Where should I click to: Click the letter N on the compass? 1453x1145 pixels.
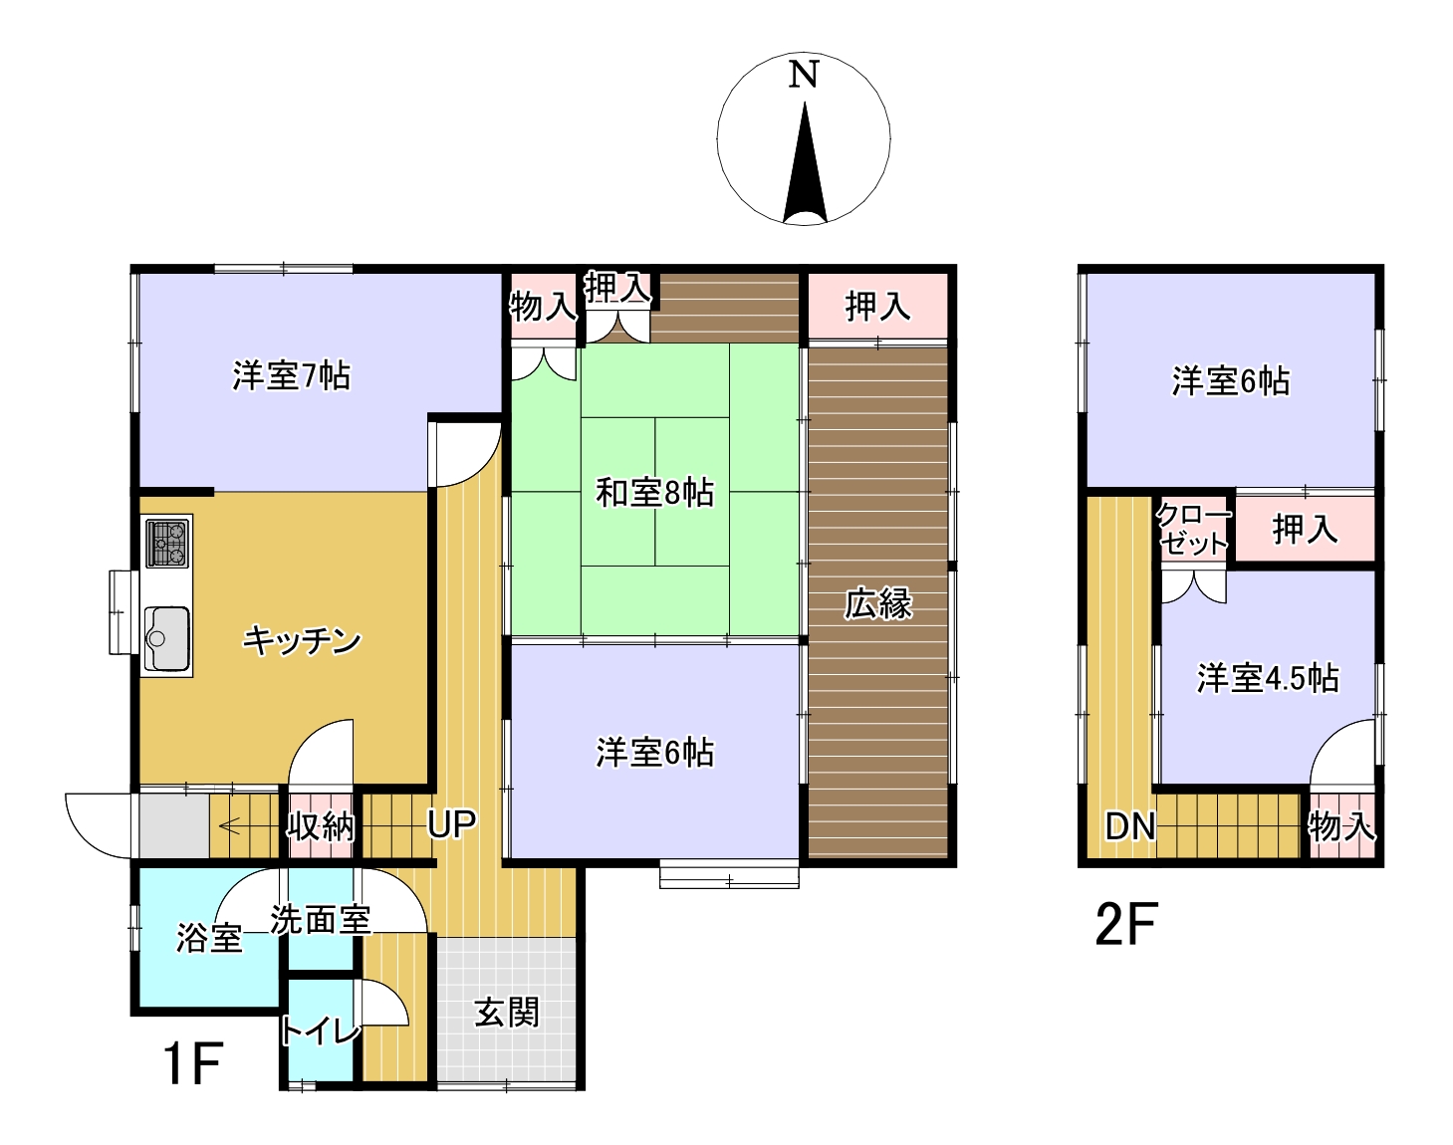tap(804, 74)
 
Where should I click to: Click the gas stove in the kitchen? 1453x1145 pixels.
tap(167, 544)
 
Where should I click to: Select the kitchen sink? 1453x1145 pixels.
tap(166, 638)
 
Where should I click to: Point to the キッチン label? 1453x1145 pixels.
tap(302, 640)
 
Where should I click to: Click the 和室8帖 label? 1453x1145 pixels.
tap(654, 493)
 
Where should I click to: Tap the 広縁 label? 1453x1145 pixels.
tap(877, 603)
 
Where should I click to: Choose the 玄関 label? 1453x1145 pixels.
tap(506, 1013)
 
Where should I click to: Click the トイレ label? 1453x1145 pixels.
tap(320, 1030)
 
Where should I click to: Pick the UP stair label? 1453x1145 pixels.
tap(452, 823)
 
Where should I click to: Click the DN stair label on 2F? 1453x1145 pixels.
tap(1130, 826)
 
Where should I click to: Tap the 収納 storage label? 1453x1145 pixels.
tap(321, 825)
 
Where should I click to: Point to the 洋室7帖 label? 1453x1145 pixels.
tap(292, 375)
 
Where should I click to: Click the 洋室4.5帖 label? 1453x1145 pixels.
tap(1268, 678)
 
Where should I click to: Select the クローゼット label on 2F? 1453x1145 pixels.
tap(1193, 530)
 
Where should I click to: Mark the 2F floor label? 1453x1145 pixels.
tap(1126, 925)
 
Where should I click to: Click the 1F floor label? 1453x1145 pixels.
tap(193, 1064)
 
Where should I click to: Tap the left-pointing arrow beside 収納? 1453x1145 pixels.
tap(230, 825)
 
